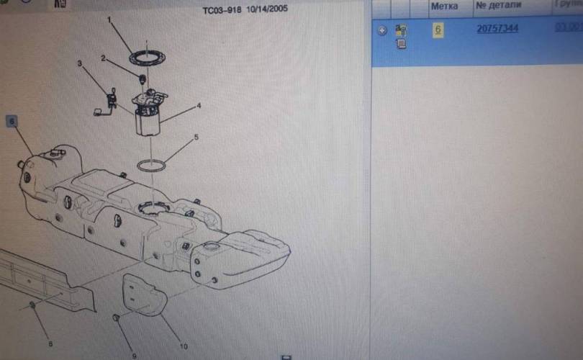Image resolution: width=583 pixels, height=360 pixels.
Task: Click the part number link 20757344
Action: coord(497,29)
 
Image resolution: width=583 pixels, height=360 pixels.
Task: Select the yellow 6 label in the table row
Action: coord(437,30)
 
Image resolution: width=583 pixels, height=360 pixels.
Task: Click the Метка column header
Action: coord(444,6)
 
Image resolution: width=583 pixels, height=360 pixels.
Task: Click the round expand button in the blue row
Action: coord(382,30)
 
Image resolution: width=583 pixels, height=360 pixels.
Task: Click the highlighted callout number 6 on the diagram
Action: coord(12,121)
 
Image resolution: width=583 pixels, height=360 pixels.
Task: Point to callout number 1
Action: coord(109,20)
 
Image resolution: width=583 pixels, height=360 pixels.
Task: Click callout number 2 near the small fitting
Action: coord(103,58)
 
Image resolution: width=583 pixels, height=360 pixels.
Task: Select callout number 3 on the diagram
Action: coord(80,64)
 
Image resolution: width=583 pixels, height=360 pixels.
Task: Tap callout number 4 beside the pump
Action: coord(199,105)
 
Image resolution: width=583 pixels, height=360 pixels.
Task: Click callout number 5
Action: coord(195,137)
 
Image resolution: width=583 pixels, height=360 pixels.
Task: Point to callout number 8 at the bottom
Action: coord(50,343)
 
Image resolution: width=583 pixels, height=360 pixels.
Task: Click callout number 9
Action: coord(135,355)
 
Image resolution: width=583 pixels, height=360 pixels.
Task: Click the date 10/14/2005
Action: coord(268,9)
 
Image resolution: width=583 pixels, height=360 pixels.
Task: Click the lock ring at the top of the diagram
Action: coord(147,55)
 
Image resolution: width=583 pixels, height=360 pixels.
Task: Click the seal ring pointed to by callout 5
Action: coord(151,166)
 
